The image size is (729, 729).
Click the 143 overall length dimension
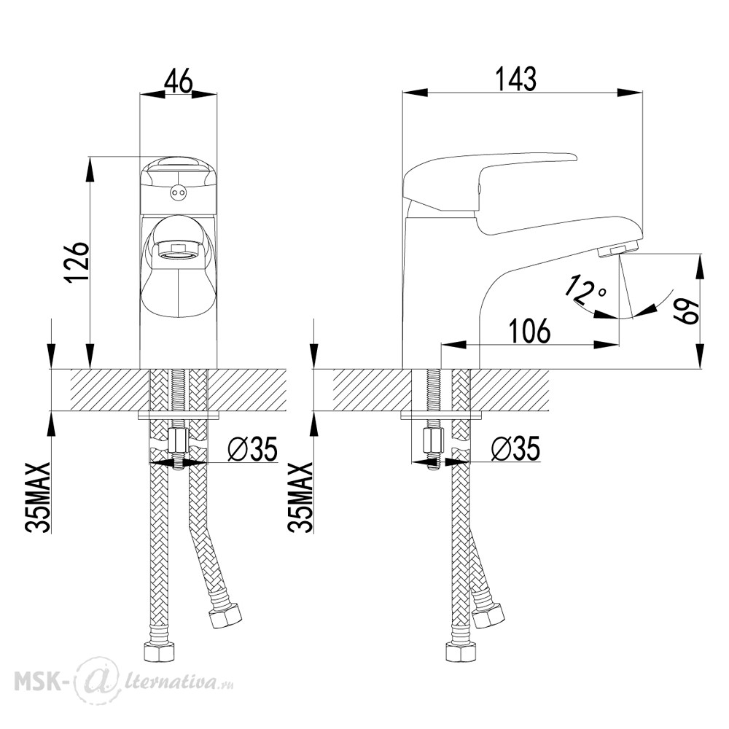(x=516, y=79)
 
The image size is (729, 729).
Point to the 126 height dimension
(x=77, y=262)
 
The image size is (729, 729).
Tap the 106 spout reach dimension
(x=529, y=330)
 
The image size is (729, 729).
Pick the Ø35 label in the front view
(x=252, y=448)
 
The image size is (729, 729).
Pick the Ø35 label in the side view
(x=515, y=448)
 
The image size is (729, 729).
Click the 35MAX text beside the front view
(x=39, y=497)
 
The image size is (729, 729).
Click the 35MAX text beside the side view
(x=301, y=497)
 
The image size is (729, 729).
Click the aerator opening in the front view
(x=179, y=251)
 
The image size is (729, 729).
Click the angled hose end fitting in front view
(x=225, y=615)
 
